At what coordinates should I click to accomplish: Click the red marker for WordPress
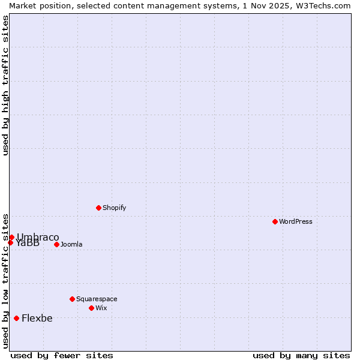coord(275,221)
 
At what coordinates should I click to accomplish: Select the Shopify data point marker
coord(98,208)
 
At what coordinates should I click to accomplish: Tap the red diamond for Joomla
coord(56,244)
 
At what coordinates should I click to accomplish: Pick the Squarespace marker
coord(72,299)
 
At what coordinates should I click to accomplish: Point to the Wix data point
coord(91,308)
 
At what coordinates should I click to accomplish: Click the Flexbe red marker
coord(16,318)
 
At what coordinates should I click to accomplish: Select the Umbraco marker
coord(11,237)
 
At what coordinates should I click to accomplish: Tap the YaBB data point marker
coord(10,242)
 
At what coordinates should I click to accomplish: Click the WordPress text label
coord(296,221)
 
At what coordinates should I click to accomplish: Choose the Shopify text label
coord(114,208)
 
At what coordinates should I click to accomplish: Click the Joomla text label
coord(71,244)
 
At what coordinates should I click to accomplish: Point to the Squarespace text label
coord(97,299)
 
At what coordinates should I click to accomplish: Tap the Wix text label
coord(101,308)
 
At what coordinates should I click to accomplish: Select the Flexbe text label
coord(37,318)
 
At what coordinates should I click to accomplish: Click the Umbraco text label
coord(38,237)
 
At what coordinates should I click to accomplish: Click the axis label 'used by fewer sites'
coord(62,355)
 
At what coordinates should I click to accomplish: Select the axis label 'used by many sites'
coord(301,355)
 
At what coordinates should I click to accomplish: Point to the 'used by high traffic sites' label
coord(5,85)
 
